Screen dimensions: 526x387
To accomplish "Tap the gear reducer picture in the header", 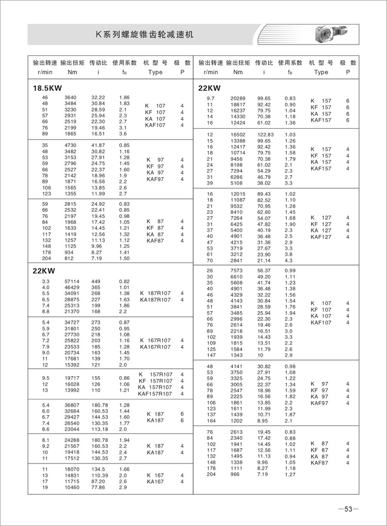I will [330, 33].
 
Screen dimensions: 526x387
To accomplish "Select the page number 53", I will [348, 509].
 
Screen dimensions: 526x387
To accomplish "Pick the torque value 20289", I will [237, 98].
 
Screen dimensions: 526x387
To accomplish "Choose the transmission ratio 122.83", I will [264, 134].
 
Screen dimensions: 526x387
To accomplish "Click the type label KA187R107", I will [155, 300].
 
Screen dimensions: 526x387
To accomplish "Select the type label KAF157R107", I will [155, 394].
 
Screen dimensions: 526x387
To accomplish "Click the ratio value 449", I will [97, 281].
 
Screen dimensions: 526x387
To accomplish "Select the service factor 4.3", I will [289, 260].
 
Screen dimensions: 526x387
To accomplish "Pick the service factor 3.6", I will [123, 133].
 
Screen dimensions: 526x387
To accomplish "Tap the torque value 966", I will [235, 474].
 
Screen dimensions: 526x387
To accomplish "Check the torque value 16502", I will [237, 134].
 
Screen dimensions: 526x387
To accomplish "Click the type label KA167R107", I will [155, 347].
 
